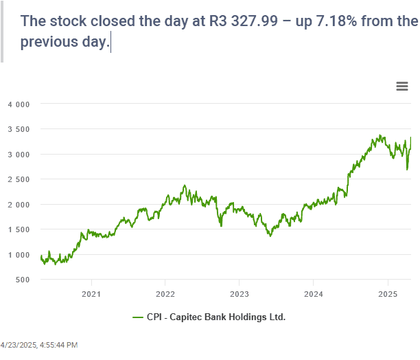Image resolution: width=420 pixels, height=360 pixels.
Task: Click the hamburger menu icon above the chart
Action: [x=403, y=86]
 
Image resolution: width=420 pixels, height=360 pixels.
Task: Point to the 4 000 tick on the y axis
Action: [x=19, y=104]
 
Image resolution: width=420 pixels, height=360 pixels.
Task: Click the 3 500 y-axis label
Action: [x=19, y=129]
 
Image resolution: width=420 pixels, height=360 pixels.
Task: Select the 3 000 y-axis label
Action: [x=19, y=155]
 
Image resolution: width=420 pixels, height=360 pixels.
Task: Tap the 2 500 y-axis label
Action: [x=19, y=179]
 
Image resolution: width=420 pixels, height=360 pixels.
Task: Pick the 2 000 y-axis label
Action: [x=19, y=205]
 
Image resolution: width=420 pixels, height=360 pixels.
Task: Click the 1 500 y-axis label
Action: [x=19, y=229]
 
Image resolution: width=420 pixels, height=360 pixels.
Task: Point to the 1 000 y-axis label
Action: [x=19, y=255]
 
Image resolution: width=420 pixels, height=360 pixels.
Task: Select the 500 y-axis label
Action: [x=23, y=280]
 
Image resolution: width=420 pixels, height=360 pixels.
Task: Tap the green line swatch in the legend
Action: [x=137, y=317]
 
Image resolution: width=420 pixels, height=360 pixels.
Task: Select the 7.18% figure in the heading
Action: [x=342, y=21]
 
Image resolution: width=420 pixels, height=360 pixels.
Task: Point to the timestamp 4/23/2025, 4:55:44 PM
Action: [x=39, y=344]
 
